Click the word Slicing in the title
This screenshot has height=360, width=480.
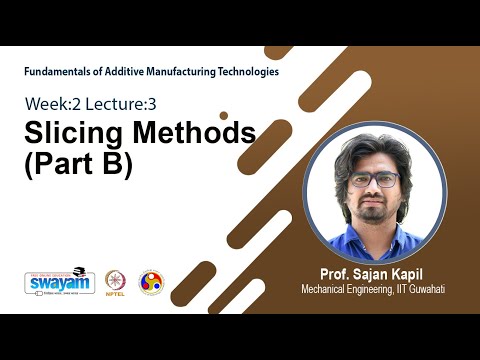(71, 133)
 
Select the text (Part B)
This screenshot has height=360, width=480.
(78, 163)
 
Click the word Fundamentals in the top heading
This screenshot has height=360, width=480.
(61, 72)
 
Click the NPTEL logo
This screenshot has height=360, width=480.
(116, 281)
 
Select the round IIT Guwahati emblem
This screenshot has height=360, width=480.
(151, 282)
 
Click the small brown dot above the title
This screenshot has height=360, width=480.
(224, 115)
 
